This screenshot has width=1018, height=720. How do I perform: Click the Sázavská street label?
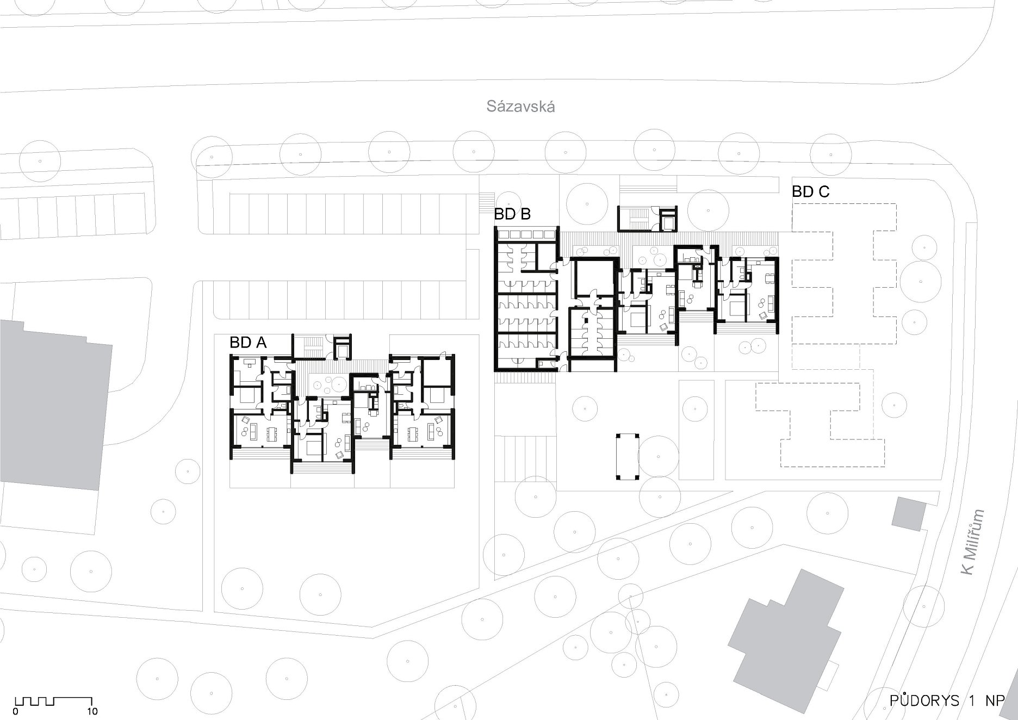click(x=520, y=107)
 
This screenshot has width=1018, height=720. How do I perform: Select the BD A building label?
click(x=248, y=343)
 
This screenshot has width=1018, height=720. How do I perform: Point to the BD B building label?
click(x=512, y=214)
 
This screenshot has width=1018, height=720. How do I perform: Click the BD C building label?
click(x=811, y=192)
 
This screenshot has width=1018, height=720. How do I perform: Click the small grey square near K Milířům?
click(x=909, y=513)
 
